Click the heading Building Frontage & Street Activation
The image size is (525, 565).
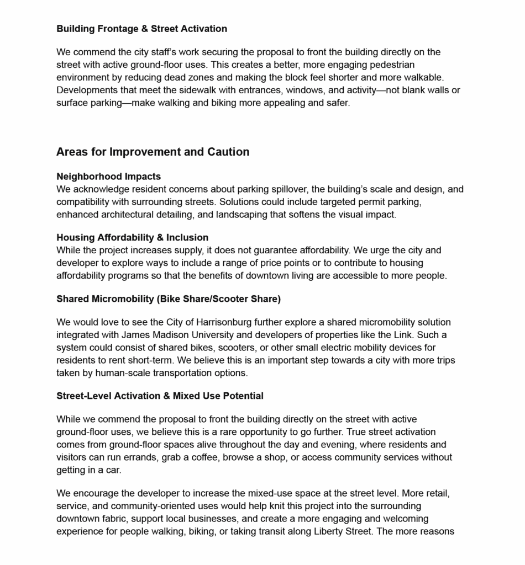[x=141, y=29]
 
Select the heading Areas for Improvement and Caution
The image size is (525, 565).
[x=153, y=152]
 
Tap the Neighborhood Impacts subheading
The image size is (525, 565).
[x=108, y=177]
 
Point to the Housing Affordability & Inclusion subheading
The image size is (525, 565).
[x=132, y=238]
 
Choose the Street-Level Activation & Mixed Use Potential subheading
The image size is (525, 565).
[x=160, y=396]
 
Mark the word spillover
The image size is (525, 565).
[x=288, y=189]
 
